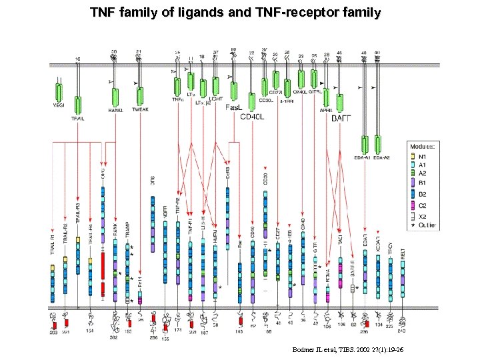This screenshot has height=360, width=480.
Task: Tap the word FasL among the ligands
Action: [234, 107]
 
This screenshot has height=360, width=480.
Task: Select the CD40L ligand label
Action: [251, 117]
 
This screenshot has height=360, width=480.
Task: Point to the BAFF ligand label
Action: [341, 118]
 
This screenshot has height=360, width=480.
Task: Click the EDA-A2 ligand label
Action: [382, 157]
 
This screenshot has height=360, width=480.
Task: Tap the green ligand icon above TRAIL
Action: [78, 105]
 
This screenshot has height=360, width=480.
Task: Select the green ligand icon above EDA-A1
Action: [365, 144]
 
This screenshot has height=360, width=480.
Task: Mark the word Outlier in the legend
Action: [429, 225]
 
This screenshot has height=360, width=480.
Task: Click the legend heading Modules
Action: [422, 145]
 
